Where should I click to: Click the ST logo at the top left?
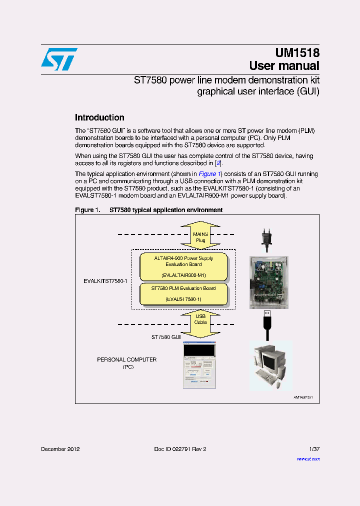[59, 59]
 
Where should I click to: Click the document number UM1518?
[297, 53]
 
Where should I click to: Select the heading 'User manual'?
[284, 66]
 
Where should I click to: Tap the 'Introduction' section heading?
[99, 118]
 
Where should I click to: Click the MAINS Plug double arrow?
[200, 236]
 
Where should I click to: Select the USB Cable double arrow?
[200, 319]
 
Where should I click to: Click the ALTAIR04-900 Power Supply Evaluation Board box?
[183, 267]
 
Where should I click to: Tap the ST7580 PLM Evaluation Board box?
[183, 293]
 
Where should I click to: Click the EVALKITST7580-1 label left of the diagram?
[105, 281]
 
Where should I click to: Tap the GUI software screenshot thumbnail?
[199, 365]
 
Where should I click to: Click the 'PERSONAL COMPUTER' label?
[126, 359]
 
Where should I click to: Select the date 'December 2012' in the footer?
[60, 449]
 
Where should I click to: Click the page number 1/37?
[313, 449]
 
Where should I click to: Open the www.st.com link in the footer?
[308, 458]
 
